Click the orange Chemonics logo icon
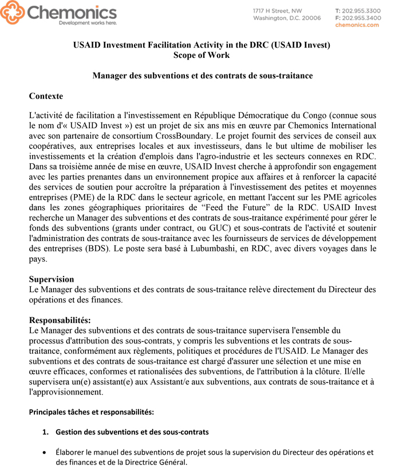click(x=13, y=12)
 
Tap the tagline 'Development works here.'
click(x=88, y=23)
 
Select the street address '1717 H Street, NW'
click(x=278, y=11)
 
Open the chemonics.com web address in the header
click(x=357, y=25)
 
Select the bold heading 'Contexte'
click(x=46, y=96)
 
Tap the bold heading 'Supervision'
click(x=52, y=279)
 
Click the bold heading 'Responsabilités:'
click(x=60, y=320)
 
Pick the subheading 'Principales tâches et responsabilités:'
click(x=91, y=412)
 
